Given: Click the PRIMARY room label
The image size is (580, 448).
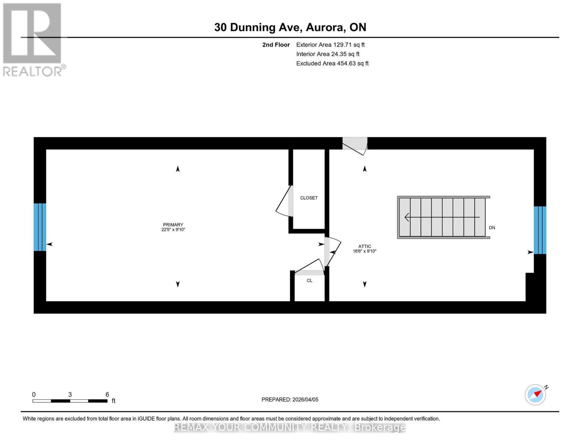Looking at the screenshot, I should click(173, 225).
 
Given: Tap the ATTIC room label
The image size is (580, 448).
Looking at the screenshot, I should click(365, 246).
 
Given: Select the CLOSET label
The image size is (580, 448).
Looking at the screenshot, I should click(309, 198).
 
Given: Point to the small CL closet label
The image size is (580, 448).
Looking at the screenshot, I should click(310, 280).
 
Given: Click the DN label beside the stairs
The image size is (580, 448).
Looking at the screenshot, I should click(492, 228).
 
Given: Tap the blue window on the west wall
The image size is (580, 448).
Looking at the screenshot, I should click(40, 227).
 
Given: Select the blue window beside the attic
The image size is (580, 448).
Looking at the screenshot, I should click(540, 230).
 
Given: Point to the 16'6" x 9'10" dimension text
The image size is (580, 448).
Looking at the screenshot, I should click(365, 251).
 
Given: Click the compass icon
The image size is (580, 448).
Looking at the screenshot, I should click(536, 394).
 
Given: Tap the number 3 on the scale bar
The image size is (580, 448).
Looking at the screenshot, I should click(70, 395).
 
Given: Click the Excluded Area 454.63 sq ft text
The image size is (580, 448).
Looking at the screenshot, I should click(332, 63).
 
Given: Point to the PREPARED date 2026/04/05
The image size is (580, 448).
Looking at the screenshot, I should click(290, 399).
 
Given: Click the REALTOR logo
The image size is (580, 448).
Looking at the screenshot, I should click(33, 39).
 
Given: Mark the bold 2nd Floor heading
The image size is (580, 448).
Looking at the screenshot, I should click(276, 45).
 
